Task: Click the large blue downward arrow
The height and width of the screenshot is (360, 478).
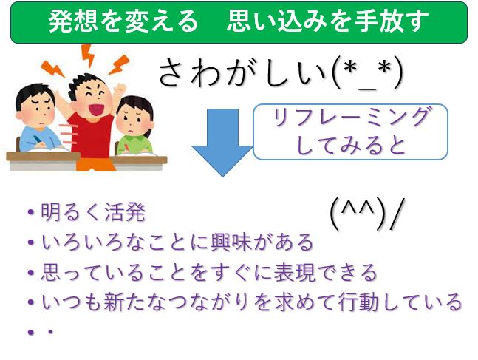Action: coord(222,142)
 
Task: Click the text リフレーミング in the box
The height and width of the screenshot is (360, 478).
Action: coord(351,118)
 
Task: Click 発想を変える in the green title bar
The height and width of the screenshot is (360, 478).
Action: coord(123,21)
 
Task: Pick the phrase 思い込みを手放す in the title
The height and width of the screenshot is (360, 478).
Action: coord(328,21)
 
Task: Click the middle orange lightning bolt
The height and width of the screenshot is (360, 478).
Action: coord(87,55)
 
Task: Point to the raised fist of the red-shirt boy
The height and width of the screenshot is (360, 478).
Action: coord(121,89)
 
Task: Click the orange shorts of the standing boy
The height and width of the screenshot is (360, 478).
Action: coord(95,164)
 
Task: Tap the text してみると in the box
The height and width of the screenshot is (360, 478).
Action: coord(351,146)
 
